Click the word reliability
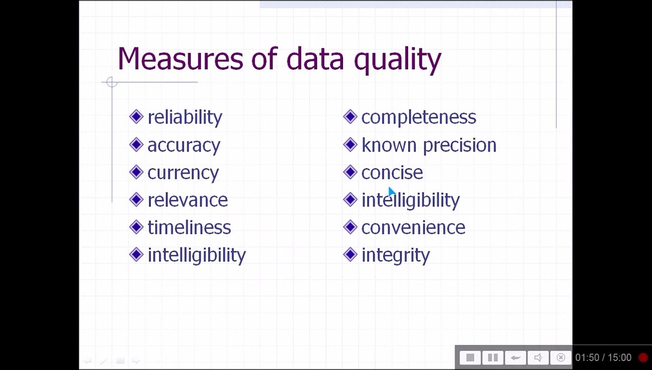[x=185, y=118]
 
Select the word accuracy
[x=184, y=145]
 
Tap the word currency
[x=183, y=173]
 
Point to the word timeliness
[x=189, y=228]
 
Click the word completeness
[x=418, y=118]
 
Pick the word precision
[x=459, y=145]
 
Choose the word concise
[x=392, y=173]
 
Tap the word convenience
[x=413, y=228]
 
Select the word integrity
[x=395, y=255]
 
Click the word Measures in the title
[x=180, y=59]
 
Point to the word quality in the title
[x=397, y=60]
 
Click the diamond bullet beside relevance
[x=136, y=199]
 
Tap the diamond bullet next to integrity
[x=350, y=254]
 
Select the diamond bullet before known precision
[x=350, y=144]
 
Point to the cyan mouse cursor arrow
[x=391, y=192]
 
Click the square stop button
[x=470, y=358]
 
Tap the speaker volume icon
[x=538, y=358]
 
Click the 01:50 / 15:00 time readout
[x=603, y=358]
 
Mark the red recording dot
[x=643, y=358]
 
